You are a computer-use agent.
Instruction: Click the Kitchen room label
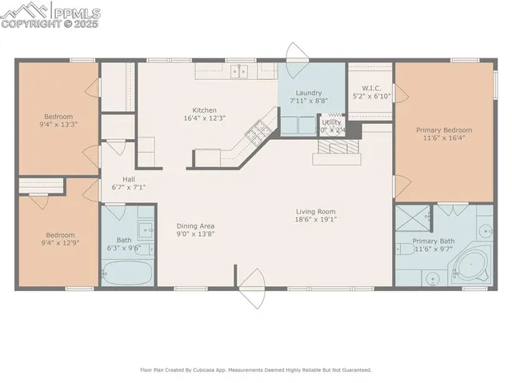(204, 110)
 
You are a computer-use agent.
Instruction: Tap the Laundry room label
(308, 93)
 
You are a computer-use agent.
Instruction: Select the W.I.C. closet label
(370, 89)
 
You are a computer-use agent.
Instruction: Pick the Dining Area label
(195, 226)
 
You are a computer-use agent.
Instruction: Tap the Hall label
(128, 179)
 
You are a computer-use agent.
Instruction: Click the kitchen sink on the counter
(238, 72)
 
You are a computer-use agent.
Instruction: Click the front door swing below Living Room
(252, 289)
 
